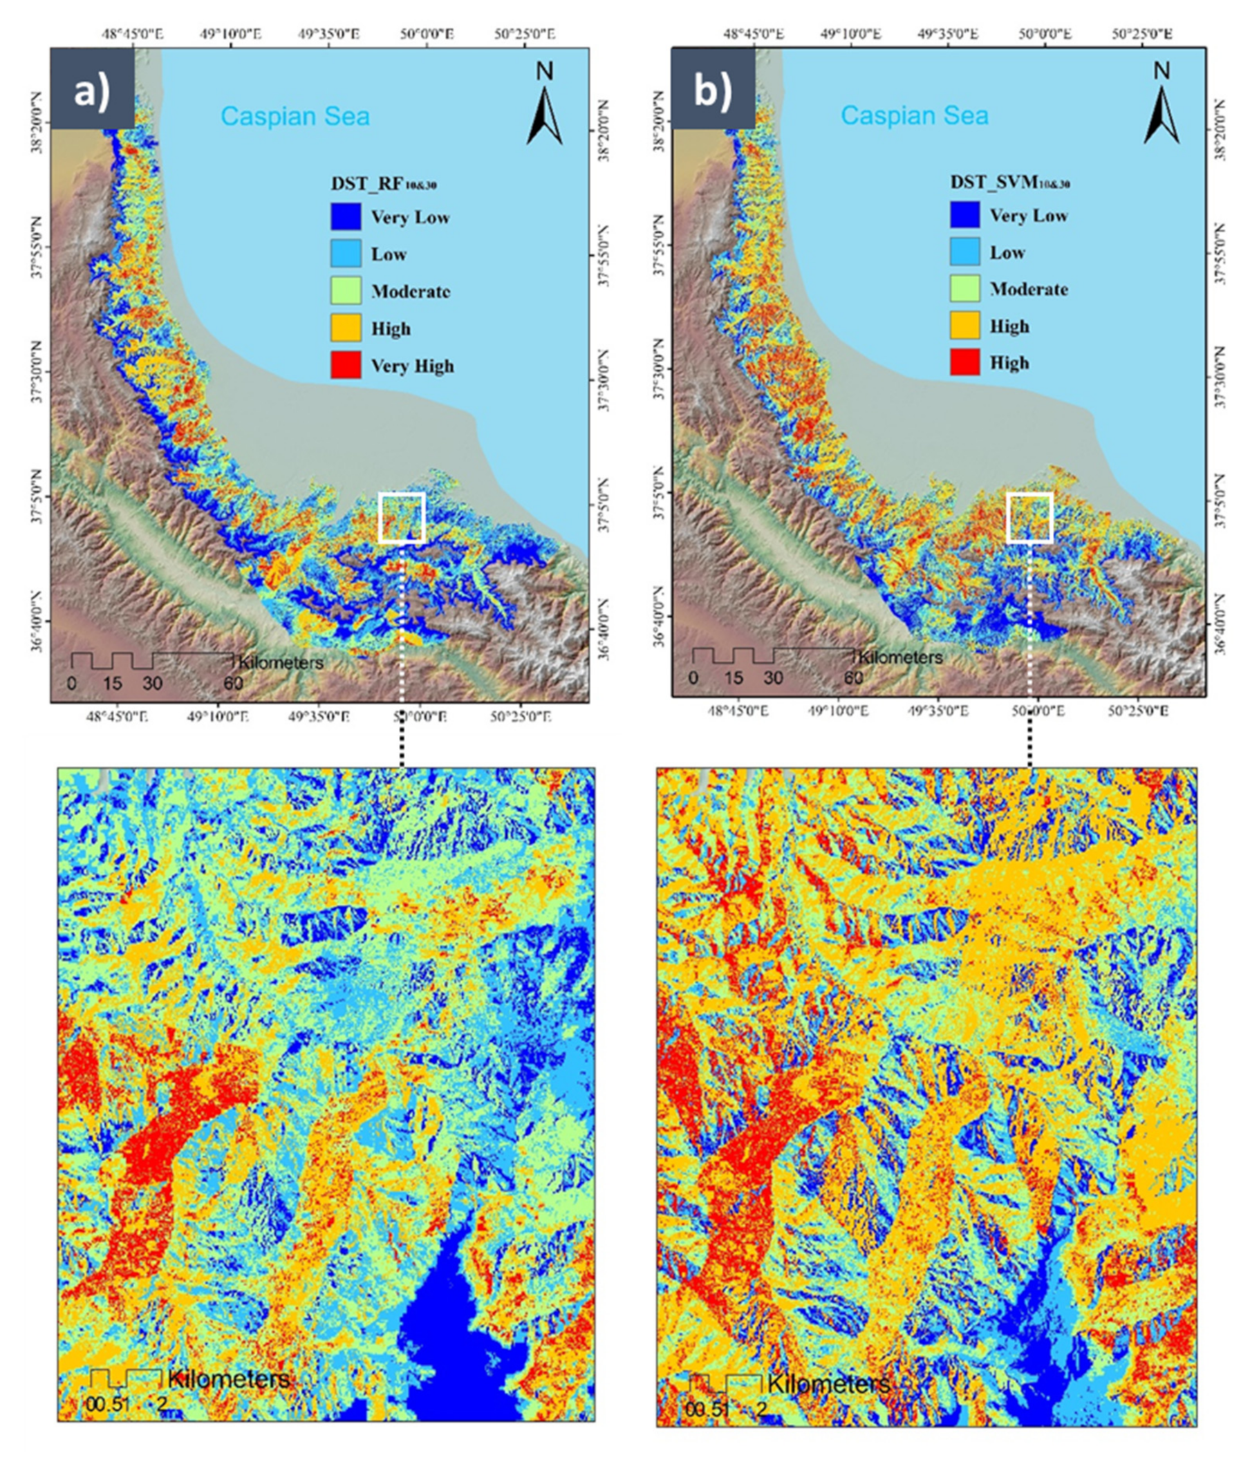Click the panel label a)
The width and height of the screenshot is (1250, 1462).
point(92,91)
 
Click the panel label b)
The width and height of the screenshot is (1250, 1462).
point(713,91)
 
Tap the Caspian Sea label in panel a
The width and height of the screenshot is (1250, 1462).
point(295,115)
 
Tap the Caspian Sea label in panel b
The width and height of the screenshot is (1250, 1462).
point(914,115)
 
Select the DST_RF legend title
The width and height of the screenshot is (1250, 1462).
point(383,184)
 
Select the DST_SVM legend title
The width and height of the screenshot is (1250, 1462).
point(1009,182)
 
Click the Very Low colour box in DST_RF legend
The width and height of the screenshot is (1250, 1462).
point(346,216)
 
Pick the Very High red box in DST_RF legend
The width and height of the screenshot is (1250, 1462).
point(346,365)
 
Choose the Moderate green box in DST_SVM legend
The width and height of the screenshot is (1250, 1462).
point(965,288)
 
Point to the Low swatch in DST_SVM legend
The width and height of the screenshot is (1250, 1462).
point(965,252)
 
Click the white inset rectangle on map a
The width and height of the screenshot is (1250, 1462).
point(402,517)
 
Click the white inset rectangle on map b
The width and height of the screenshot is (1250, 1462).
point(1029,517)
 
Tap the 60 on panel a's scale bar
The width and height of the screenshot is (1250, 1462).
point(233,683)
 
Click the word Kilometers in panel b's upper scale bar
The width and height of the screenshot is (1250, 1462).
point(900,657)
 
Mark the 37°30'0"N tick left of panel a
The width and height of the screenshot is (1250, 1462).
point(37,372)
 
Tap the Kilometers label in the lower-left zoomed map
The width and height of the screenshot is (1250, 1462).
point(229,1380)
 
